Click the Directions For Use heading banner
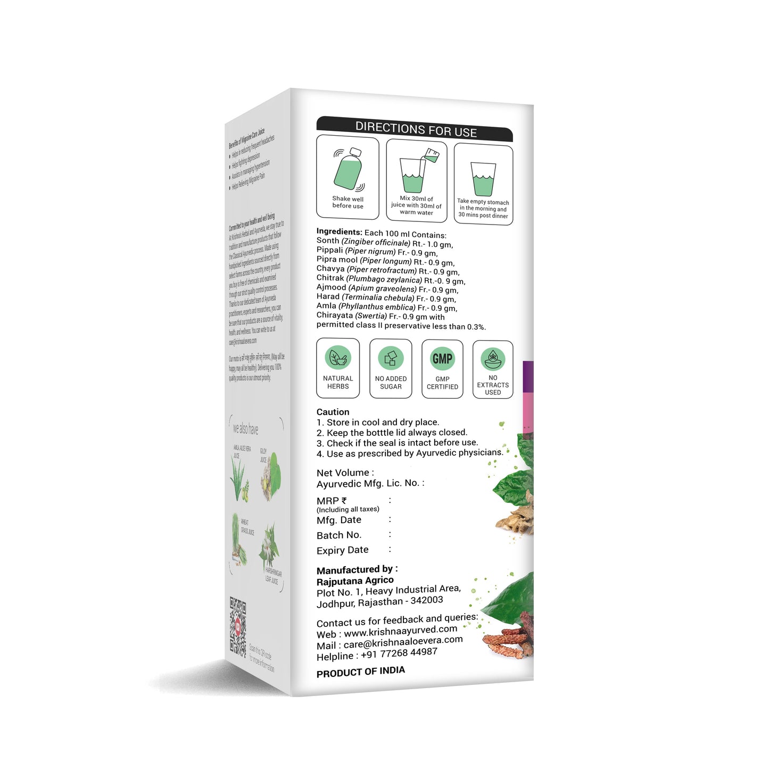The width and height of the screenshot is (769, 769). [x=416, y=129]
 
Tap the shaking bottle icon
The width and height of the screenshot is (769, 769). [x=348, y=169]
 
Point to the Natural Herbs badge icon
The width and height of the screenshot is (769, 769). [x=338, y=358]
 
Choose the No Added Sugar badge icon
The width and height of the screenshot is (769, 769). [x=391, y=358]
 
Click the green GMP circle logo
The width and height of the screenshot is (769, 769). [x=442, y=359]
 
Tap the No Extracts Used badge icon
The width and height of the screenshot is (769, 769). [x=493, y=359]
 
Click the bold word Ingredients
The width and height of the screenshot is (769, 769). [x=339, y=231]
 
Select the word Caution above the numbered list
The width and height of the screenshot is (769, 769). [x=333, y=412]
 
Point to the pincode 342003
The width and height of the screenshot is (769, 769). [x=427, y=600]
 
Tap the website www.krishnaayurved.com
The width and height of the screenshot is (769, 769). [x=400, y=632]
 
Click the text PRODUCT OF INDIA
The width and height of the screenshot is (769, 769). [x=360, y=672]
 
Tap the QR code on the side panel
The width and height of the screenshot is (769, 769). [x=238, y=625]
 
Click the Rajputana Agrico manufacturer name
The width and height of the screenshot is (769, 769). [x=355, y=581]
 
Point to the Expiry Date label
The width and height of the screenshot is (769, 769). [x=342, y=550]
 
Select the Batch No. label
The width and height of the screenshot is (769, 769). [x=339, y=535]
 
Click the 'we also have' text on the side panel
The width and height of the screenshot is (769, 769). [x=245, y=428]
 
